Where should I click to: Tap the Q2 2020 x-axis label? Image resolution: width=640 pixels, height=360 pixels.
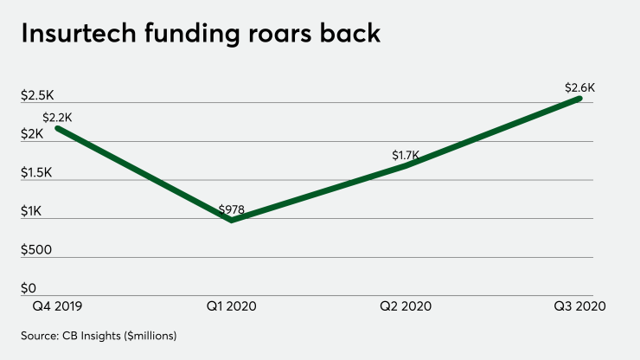pyautogui.click(x=406, y=306)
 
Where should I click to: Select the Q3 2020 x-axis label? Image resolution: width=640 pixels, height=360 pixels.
pyautogui.click(x=579, y=306)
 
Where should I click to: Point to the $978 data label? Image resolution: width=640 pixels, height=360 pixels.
pyautogui.click(x=232, y=209)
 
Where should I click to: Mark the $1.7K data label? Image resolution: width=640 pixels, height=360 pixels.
pyautogui.click(x=405, y=156)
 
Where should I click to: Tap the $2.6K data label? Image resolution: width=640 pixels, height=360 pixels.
pyautogui.click(x=579, y=87)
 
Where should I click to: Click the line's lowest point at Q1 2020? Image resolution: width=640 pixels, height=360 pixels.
pyautogui.click(x=231, y=221)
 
